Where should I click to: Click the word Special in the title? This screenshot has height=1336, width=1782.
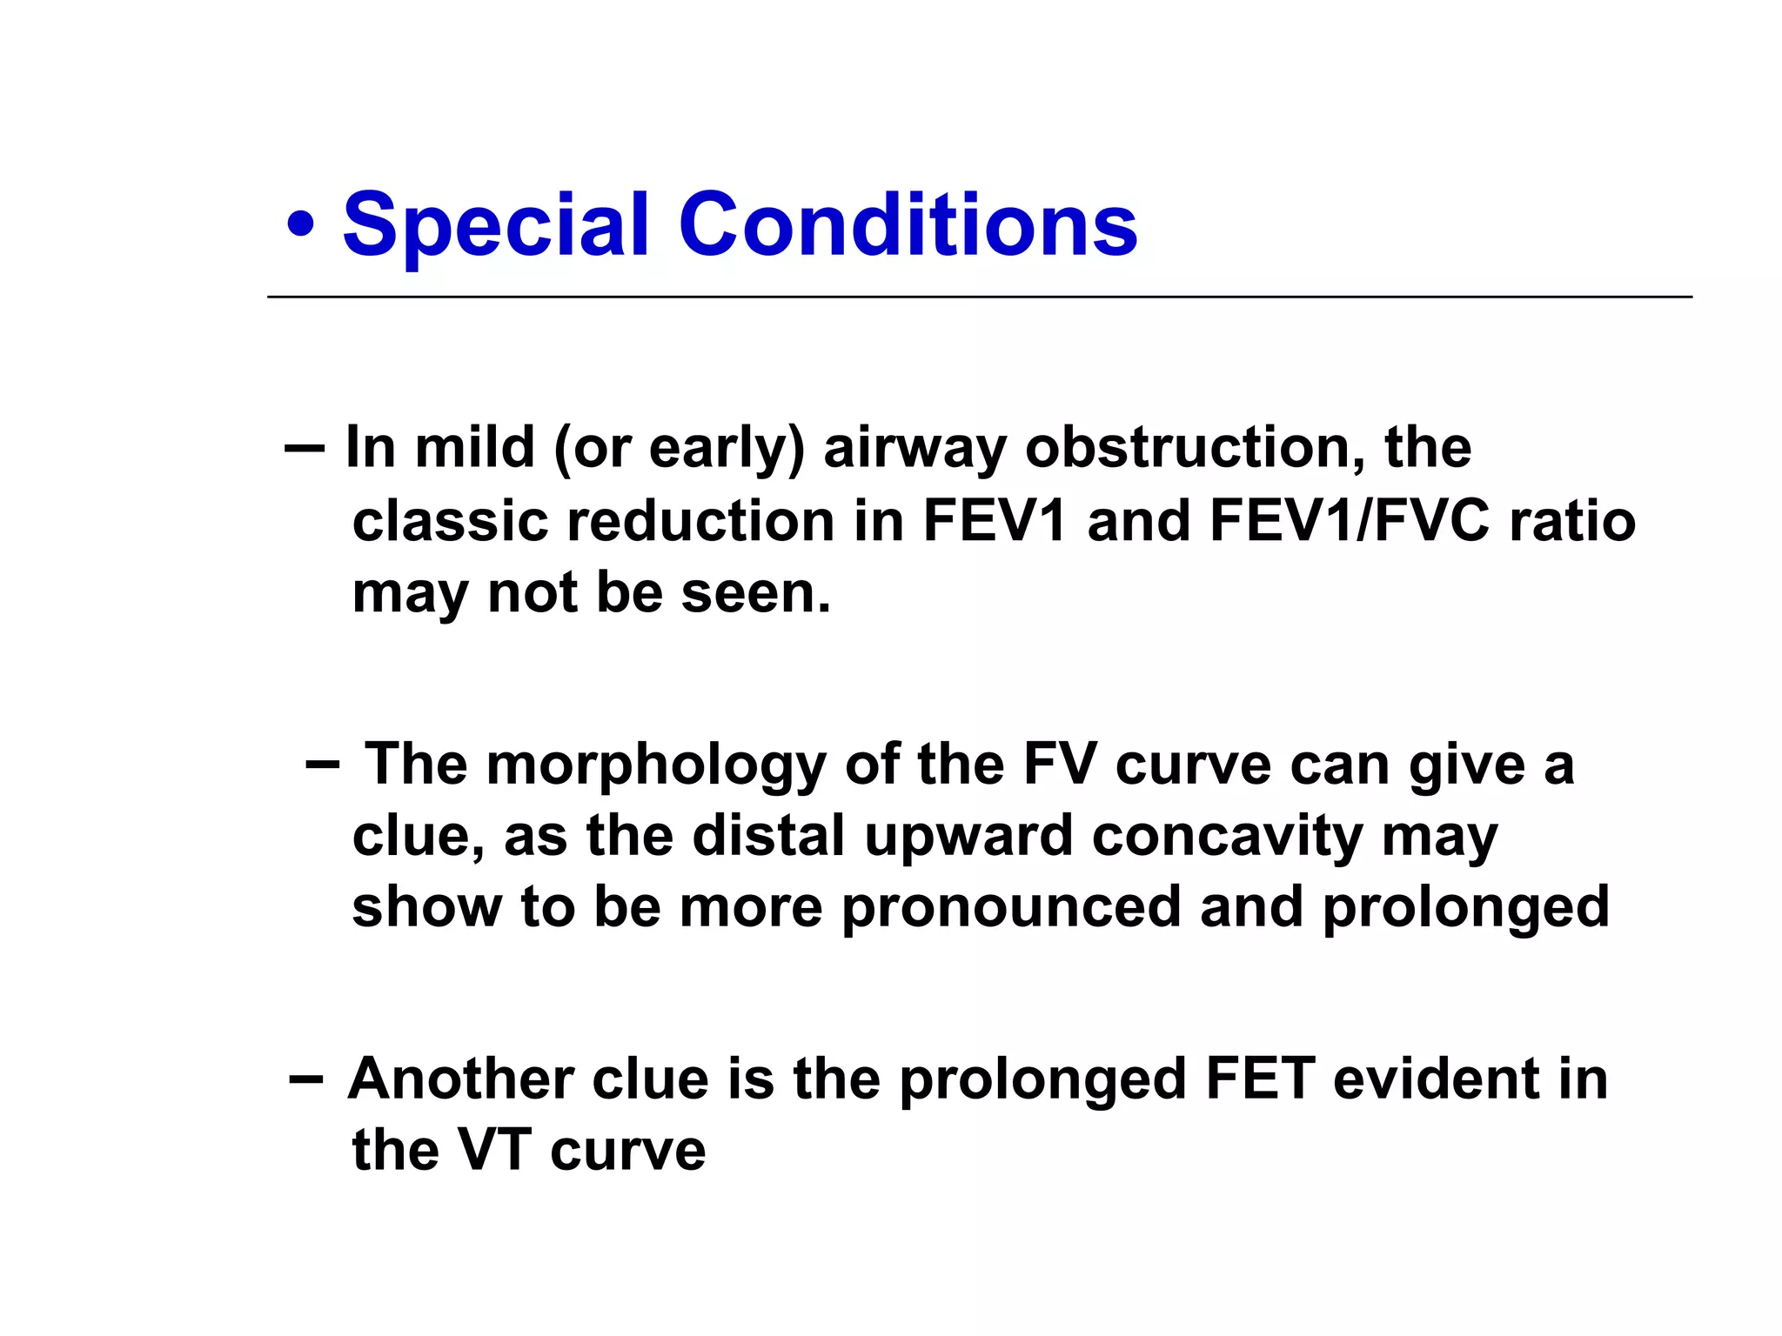click(x=496, y=226)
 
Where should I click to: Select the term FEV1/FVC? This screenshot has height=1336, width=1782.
click(x=1349, y=521)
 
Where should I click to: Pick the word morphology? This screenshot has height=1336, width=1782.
click(x=656, y=765)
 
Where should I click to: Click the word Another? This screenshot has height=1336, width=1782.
click(x=460, y=1079)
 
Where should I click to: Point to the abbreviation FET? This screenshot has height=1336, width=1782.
click(x=1260, y=1079)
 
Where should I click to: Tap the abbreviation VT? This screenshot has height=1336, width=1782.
click(x=494, y=1151)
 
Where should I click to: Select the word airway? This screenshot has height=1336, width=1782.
click(x=914, y=450)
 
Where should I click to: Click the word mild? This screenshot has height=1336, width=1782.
click(x=474, y=448)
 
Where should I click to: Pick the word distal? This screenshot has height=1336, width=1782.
click(x=767, y=837)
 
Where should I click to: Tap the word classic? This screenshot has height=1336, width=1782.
click(x=450, y=521)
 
